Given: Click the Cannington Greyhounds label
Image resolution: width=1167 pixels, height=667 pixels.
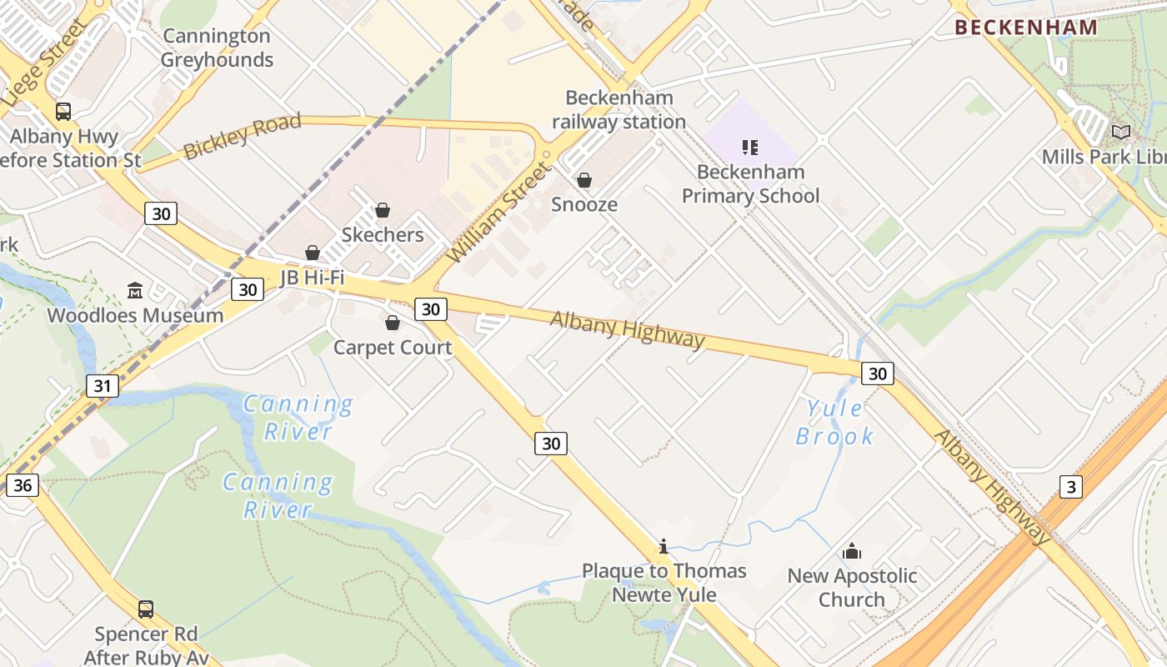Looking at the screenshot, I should click(217, 48).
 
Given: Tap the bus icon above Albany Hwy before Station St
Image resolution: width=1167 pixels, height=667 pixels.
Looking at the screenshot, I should click(63, 111).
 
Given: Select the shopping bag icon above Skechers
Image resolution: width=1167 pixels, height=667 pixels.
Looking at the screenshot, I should click(383, 209).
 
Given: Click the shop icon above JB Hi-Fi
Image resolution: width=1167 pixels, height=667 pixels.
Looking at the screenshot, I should click(313, 252).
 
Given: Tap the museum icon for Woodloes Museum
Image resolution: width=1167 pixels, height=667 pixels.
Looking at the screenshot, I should click(135, 290).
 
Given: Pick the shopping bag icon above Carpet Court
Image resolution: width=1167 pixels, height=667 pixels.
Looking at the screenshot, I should click(393, 322).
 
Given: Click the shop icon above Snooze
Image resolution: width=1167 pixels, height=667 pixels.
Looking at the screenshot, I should click(584, 179).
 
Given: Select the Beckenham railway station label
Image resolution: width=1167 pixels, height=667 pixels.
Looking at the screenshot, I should click(619, 109).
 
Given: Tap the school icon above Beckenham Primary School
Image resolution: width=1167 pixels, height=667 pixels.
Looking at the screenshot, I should click(750, 148).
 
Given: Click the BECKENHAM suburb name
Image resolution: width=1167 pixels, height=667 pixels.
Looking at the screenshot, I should click(1026, 27).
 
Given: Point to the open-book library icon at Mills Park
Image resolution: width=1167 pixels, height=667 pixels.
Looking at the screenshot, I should click(1121, 132).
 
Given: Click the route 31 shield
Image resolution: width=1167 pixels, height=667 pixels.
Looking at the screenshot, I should click(102, 386).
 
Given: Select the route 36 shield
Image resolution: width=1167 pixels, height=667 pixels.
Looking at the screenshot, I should click(23, 484).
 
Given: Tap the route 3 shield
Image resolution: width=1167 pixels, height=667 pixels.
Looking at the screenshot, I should click(1071, 486).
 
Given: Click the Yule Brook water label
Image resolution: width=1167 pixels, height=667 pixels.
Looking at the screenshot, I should click(834, 422).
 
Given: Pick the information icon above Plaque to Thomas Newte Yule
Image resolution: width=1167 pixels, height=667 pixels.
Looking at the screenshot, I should click(664, 546).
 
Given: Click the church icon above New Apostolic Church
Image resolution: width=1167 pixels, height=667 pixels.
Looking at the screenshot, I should click(852, 551).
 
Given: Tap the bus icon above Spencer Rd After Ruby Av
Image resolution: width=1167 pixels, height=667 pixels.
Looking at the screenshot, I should click(146, 609).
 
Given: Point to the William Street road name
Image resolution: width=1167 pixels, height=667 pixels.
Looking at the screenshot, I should click(499, 213).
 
